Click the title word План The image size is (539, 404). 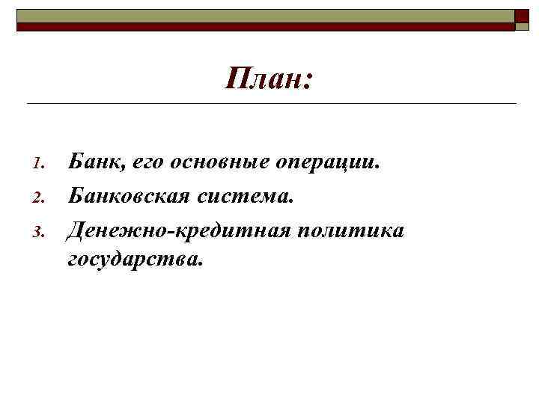[262, 79]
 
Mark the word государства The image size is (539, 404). [135, 260]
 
